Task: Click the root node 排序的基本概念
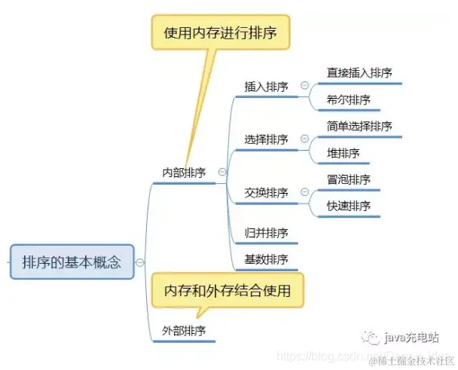pos(72,263)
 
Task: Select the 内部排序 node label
pos(184,172)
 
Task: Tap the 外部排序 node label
pos(184,330)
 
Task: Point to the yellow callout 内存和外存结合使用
pos(227,289)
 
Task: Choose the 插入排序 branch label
pos(266,87)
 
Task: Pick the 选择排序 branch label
pos(266,139)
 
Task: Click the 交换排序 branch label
pos(266,193)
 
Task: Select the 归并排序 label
pos(266,233)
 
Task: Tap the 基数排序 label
pos(266,260)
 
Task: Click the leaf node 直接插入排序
pos(359,73)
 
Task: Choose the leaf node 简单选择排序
pos(359,126)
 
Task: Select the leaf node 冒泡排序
pos(349,179)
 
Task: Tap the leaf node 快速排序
pos(349,206)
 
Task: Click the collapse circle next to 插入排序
pos(304,87)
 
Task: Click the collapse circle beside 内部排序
pos(221,172)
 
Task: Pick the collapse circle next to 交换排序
pos(304,193)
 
